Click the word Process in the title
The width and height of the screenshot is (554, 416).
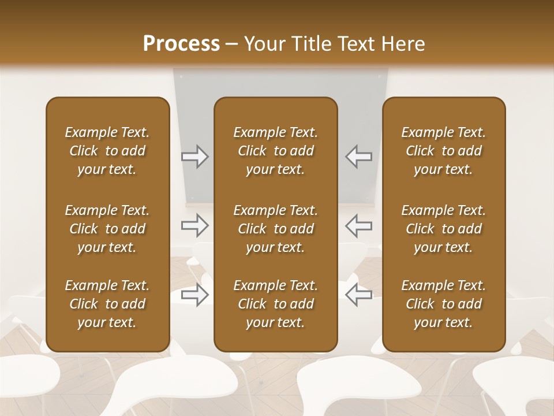click(181, 44)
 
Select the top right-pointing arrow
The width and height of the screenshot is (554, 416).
click(194, 157)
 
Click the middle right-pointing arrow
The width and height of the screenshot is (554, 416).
click(194, 225)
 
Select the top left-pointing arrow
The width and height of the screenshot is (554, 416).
click(358, 157)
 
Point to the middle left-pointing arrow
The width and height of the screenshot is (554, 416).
click(358, 225)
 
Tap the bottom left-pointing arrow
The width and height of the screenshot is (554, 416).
click(358, 295)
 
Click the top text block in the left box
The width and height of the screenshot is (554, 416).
click(107, 151)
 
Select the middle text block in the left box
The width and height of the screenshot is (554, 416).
click(107, 229)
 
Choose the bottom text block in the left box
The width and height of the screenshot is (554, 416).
click(107, 304)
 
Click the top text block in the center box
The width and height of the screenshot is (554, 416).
click(275, 151)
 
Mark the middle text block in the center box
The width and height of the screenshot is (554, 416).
click(275, 229)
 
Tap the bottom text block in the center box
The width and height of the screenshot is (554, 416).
click(275, 304)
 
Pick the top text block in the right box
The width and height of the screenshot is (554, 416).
click(443, 151)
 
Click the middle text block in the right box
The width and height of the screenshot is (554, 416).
click(443, 229)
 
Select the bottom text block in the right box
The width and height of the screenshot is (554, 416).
click(443, 304)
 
